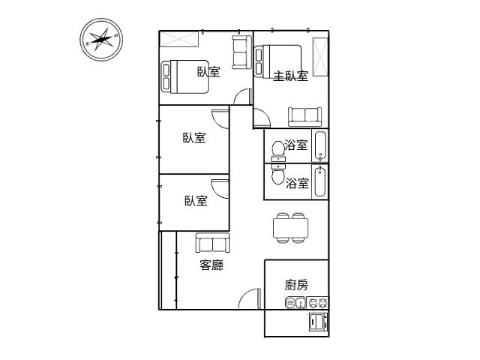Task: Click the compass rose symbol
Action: [101, 40]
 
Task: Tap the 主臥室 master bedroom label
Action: [290, 76]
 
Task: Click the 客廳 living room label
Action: [211, 265]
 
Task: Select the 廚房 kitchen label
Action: [296, 285]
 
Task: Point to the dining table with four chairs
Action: [290, 228]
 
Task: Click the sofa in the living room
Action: [213, 242]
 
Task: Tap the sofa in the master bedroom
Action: [305, 117]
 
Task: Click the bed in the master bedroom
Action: [278, 61]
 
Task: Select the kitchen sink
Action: [295, 303]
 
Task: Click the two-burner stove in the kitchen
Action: [317, 303]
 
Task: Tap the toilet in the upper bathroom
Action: [278, 151]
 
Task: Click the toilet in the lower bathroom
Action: [278, 175]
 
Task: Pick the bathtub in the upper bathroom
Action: [320, 146]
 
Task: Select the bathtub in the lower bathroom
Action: [320, 181]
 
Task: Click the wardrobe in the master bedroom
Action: [320, 57]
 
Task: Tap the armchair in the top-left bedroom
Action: [241, 52]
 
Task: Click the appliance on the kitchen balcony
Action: [318, 322]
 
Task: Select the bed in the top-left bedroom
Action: [185, 76]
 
